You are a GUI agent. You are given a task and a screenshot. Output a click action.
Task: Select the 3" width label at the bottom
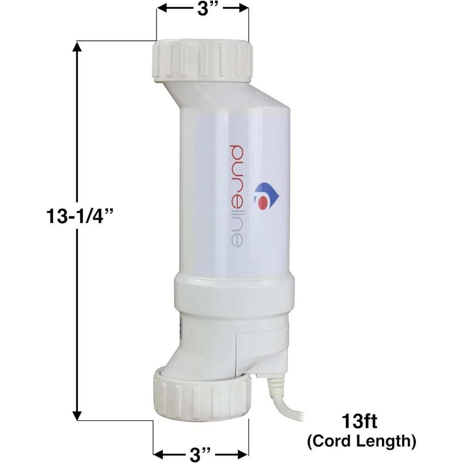(x=201, y=450)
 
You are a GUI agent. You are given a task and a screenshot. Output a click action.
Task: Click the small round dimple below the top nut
(x=198, y=89)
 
